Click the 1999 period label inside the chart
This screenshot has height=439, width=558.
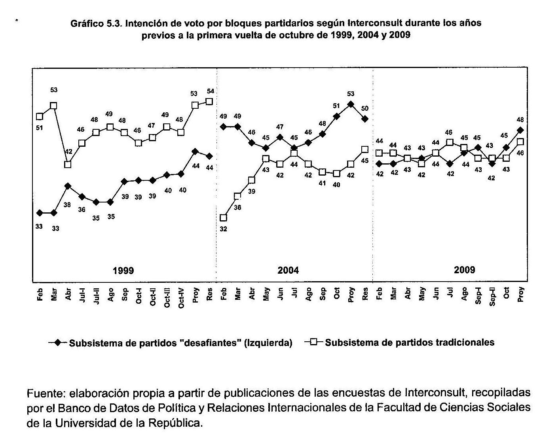pyautogui.click(x=123, y=271)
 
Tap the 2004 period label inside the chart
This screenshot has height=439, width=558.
pyautogui.click(x=288, y=271)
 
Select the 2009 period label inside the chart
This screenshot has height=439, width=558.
pyautogui.click(x=464, y=270)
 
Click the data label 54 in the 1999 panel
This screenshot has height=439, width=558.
pyautogui.click(x=210, y=91)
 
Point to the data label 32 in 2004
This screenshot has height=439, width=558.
pyautogui.click(x=223, y=229)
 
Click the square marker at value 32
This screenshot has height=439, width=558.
pyautogui.click(x=223, y=218)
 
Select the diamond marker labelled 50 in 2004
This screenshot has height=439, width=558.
pyautogui.click(x=365, y=119)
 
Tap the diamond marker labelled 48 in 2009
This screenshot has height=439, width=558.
pyautogui.click(x=520, y=130)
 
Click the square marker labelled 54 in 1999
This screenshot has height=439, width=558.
pyautogui.click(x=209, y=102)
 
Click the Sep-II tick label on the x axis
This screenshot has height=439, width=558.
pyautogui.click(x=492, y=295)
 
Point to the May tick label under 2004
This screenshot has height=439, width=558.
pyautogui.click(x=266, y=293)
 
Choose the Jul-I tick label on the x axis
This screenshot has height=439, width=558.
pyautogui.click(x=82, y=295)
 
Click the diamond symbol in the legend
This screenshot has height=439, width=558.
pyautogui.click(x=58, y=342)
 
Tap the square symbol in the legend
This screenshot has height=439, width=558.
pyautogui.click(x=313, y=342)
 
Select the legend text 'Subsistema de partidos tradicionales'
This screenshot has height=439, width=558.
pyautogui.click(x=410, y=342)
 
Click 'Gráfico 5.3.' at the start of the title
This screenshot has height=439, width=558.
pyautogui.click(x=96, y=23)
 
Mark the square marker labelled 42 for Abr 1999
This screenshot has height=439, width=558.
pyautogui.click(x=68, y=164)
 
